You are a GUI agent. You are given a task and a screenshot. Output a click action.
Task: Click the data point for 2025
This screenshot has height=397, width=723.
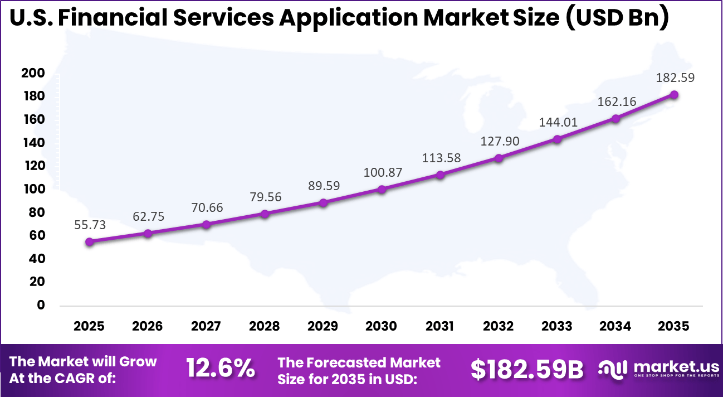click(89, 241)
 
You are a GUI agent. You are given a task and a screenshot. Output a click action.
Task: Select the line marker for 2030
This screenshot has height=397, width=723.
click(382, 189)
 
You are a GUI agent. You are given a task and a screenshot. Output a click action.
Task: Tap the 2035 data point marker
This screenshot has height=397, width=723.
click(674, 95)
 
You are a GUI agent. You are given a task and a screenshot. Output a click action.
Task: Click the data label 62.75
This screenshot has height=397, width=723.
click(148, 216)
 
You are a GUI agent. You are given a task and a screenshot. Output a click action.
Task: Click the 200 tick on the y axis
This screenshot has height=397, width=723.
click(33, 74)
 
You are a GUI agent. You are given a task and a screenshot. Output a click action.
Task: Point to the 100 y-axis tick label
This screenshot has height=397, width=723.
click(33, 190)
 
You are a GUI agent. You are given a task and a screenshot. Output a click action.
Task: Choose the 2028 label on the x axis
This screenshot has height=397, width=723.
click(265, 326)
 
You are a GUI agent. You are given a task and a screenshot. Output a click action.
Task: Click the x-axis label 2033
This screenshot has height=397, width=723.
click(557, 326)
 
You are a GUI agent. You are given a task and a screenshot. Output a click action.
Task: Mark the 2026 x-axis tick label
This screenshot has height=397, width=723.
click(148, 326)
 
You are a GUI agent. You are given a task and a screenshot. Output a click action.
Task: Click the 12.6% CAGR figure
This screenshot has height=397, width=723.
click(221, 369)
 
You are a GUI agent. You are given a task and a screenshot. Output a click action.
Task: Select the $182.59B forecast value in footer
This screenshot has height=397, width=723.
click(527, 369)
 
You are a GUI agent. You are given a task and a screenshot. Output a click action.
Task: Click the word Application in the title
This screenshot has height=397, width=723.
click(348, 18)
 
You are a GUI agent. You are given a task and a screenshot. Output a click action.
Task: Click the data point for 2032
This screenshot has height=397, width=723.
click(499, 158)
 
